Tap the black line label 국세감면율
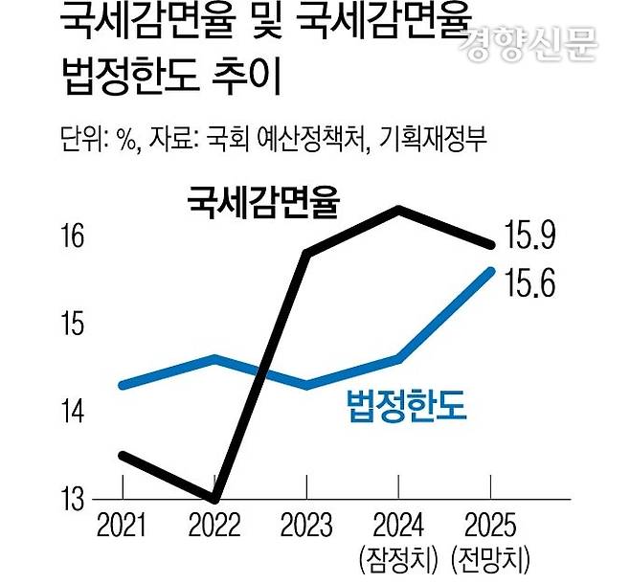pos(265,201)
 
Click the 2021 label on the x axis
pos(122,526)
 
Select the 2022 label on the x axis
pos(214,526)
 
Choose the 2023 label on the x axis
pos(305,526)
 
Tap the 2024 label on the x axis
pos(398,526)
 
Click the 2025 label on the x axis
pos(490,526)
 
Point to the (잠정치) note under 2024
pos(398,557)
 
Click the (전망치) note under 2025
pos(490,557)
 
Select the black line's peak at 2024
pos(398,209)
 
